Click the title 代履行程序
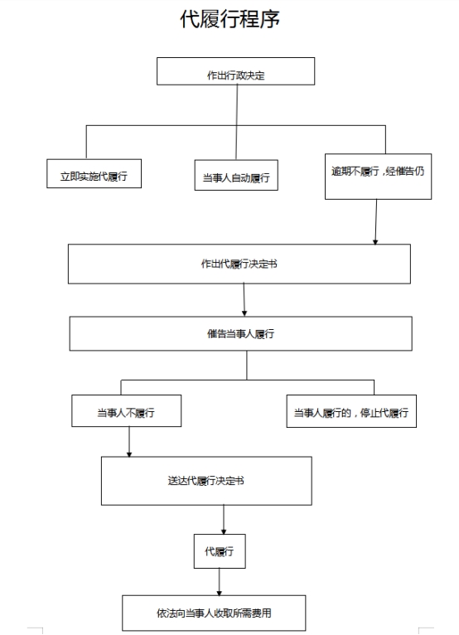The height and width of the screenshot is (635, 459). (x=229, y=19)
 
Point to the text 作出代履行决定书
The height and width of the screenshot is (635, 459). (x=239, y=264)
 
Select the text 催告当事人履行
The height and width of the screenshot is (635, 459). (x=241, y=334)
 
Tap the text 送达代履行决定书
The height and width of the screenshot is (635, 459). (x=206, y=481)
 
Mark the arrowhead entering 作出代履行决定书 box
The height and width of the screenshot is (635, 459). (x=375, y=242)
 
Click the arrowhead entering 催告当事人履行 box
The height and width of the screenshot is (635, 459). (x=244, y=313)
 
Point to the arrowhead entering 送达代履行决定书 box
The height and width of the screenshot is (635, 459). (x=129, y=454)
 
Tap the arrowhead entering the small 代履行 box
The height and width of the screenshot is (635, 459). (x=224, y=531)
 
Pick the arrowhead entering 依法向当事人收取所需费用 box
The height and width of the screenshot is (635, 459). (x=219, y=593)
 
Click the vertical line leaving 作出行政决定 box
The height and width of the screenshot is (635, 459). (x=237, y=123)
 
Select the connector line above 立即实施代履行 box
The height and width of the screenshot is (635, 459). (x=86, y=142)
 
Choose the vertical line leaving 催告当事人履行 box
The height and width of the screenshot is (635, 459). (x=247, y=366)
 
